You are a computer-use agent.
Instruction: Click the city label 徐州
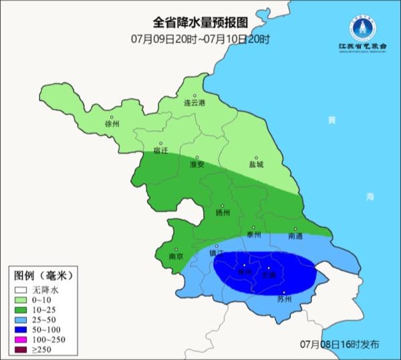coord(112,124)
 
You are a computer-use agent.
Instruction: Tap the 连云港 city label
coord(194,103)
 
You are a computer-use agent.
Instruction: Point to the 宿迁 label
coord(160,150)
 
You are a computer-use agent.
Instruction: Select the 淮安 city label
coord(196,164)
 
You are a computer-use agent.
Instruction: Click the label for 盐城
coord(256,164)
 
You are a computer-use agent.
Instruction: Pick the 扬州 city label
coord(223,213)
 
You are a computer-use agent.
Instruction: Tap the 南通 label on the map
coord(295,236)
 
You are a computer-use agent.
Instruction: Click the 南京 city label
coord(176,256)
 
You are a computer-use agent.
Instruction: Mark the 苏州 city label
coord(285,299)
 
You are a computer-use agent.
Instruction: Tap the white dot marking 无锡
coord(269,268)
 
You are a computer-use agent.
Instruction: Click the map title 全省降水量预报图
coord(200,24)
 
